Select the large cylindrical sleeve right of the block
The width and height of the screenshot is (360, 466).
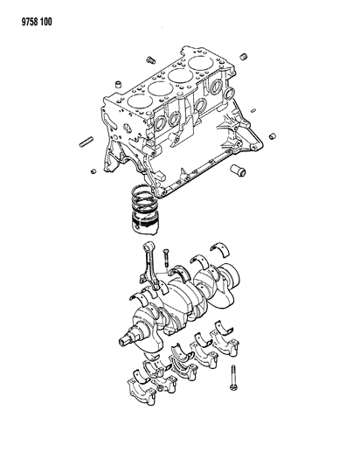[235, 170]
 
